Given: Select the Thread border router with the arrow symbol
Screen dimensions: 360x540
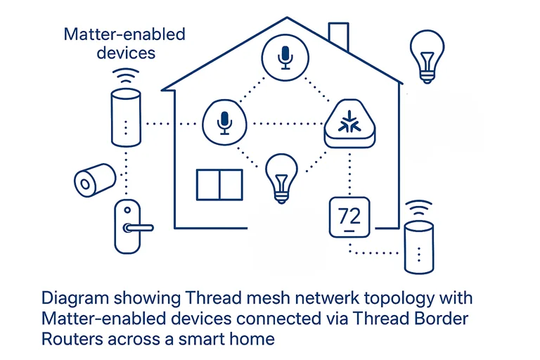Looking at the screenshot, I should click(x=349, y=124).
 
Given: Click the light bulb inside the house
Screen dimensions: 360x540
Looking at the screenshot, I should click(x=281, y=175).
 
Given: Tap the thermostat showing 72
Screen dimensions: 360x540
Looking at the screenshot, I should click(x=349, y=217).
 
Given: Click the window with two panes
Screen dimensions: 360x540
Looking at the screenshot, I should click(x=219, y=184).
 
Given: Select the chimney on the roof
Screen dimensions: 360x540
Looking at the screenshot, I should click(x=339, y=37).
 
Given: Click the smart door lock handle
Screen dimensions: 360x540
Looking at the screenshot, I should click(x=138, y=227).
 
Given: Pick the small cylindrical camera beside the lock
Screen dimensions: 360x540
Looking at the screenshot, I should click(x=94, y=180).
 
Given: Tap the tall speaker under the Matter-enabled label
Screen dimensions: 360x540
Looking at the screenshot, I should click(x=126, y=116).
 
